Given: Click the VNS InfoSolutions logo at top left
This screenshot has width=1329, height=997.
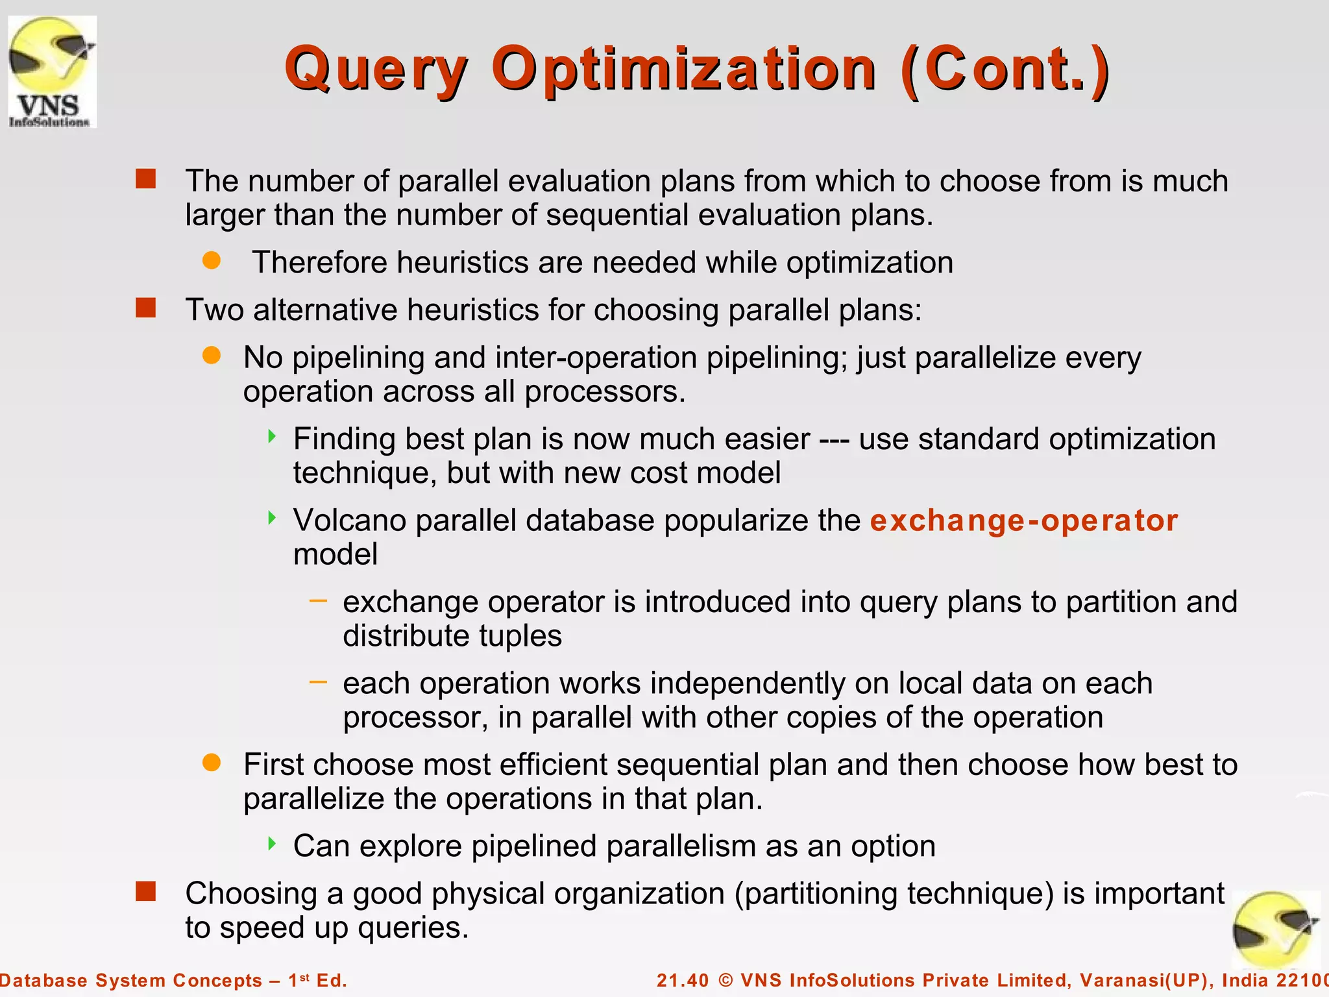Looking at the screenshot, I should click(x=52, y=71).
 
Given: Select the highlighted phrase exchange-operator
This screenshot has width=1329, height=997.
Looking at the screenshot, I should click(x=1023, y=521).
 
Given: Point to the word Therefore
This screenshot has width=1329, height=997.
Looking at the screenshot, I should click(x=320, y=263).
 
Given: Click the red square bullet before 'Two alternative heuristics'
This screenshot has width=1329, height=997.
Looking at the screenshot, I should click(x=146, y=308).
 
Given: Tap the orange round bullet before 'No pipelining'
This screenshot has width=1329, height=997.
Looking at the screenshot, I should click(x=212, y=355).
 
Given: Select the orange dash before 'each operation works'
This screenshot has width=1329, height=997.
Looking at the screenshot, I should click(x=318, y=682).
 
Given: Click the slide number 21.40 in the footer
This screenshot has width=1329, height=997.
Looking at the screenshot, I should click(x=683, y=980).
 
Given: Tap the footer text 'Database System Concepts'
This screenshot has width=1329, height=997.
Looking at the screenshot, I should click(x=130, y=980).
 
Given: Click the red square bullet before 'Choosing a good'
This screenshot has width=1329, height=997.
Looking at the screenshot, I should click(x=146, y=891).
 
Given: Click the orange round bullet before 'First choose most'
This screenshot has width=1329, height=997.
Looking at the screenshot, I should click(x=212, y=762).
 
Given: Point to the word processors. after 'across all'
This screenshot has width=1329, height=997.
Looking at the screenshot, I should click(x=605, y=391).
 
